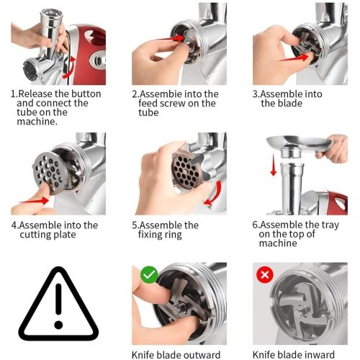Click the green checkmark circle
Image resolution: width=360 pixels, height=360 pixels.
pos(149,274)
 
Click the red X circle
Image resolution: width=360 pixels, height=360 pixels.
pos(265,274)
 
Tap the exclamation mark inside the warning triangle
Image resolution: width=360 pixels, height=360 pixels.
pos(58,305)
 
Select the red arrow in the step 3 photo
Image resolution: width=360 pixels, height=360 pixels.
pos(294,58)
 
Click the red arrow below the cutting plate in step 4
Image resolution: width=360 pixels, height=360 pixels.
pos(35,200)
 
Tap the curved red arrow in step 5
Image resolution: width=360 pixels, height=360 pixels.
pos(215,194)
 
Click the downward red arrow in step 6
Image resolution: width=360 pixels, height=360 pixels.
pos(274,165)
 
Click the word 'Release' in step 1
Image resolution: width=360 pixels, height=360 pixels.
pos(35,94)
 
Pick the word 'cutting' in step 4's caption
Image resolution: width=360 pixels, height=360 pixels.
pos(35,235)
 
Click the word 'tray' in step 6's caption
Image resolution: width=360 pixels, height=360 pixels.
pos(330,225)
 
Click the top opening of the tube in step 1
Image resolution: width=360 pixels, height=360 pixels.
pos(52,13)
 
